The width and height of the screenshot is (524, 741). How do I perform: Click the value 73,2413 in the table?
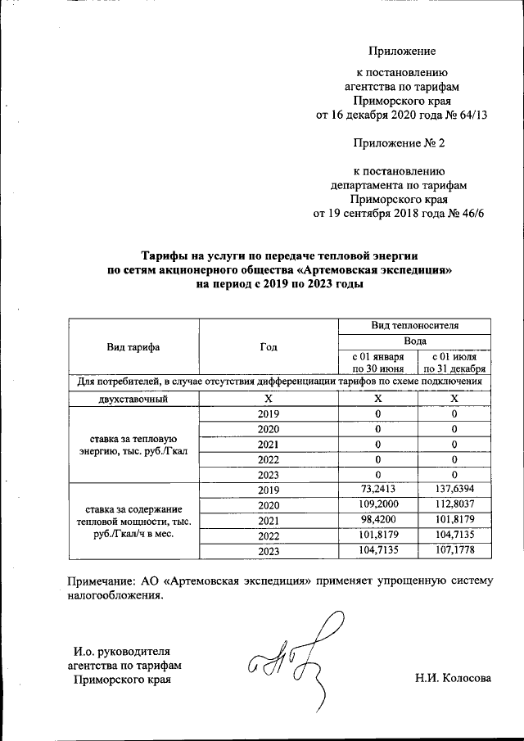[x=378, y=490]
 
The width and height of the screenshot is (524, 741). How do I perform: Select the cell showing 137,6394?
[x=454, y=490]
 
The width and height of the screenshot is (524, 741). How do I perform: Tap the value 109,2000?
[x=378, y=505]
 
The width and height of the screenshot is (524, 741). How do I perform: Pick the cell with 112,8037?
[x=454, y=505]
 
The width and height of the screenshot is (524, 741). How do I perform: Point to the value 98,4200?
[x=378, y=521]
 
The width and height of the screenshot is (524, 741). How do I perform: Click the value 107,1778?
[x=454, y=552]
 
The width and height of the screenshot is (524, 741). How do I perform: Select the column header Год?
[x=269, y=346]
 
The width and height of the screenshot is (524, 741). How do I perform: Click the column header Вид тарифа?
[x=133, y=346]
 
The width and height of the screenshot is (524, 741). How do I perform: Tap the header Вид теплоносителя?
[x=414, y=326]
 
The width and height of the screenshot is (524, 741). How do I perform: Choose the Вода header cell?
[x=414, y=341]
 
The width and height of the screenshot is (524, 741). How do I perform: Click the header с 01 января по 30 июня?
[x=377, y=362]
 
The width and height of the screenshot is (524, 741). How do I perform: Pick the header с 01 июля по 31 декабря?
[x=454, y=362]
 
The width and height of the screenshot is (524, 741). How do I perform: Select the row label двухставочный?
[x=133, y=399]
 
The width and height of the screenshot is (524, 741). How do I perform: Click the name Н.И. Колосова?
[x=454, y=678]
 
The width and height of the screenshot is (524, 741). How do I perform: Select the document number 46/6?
[x=471, y=215]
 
